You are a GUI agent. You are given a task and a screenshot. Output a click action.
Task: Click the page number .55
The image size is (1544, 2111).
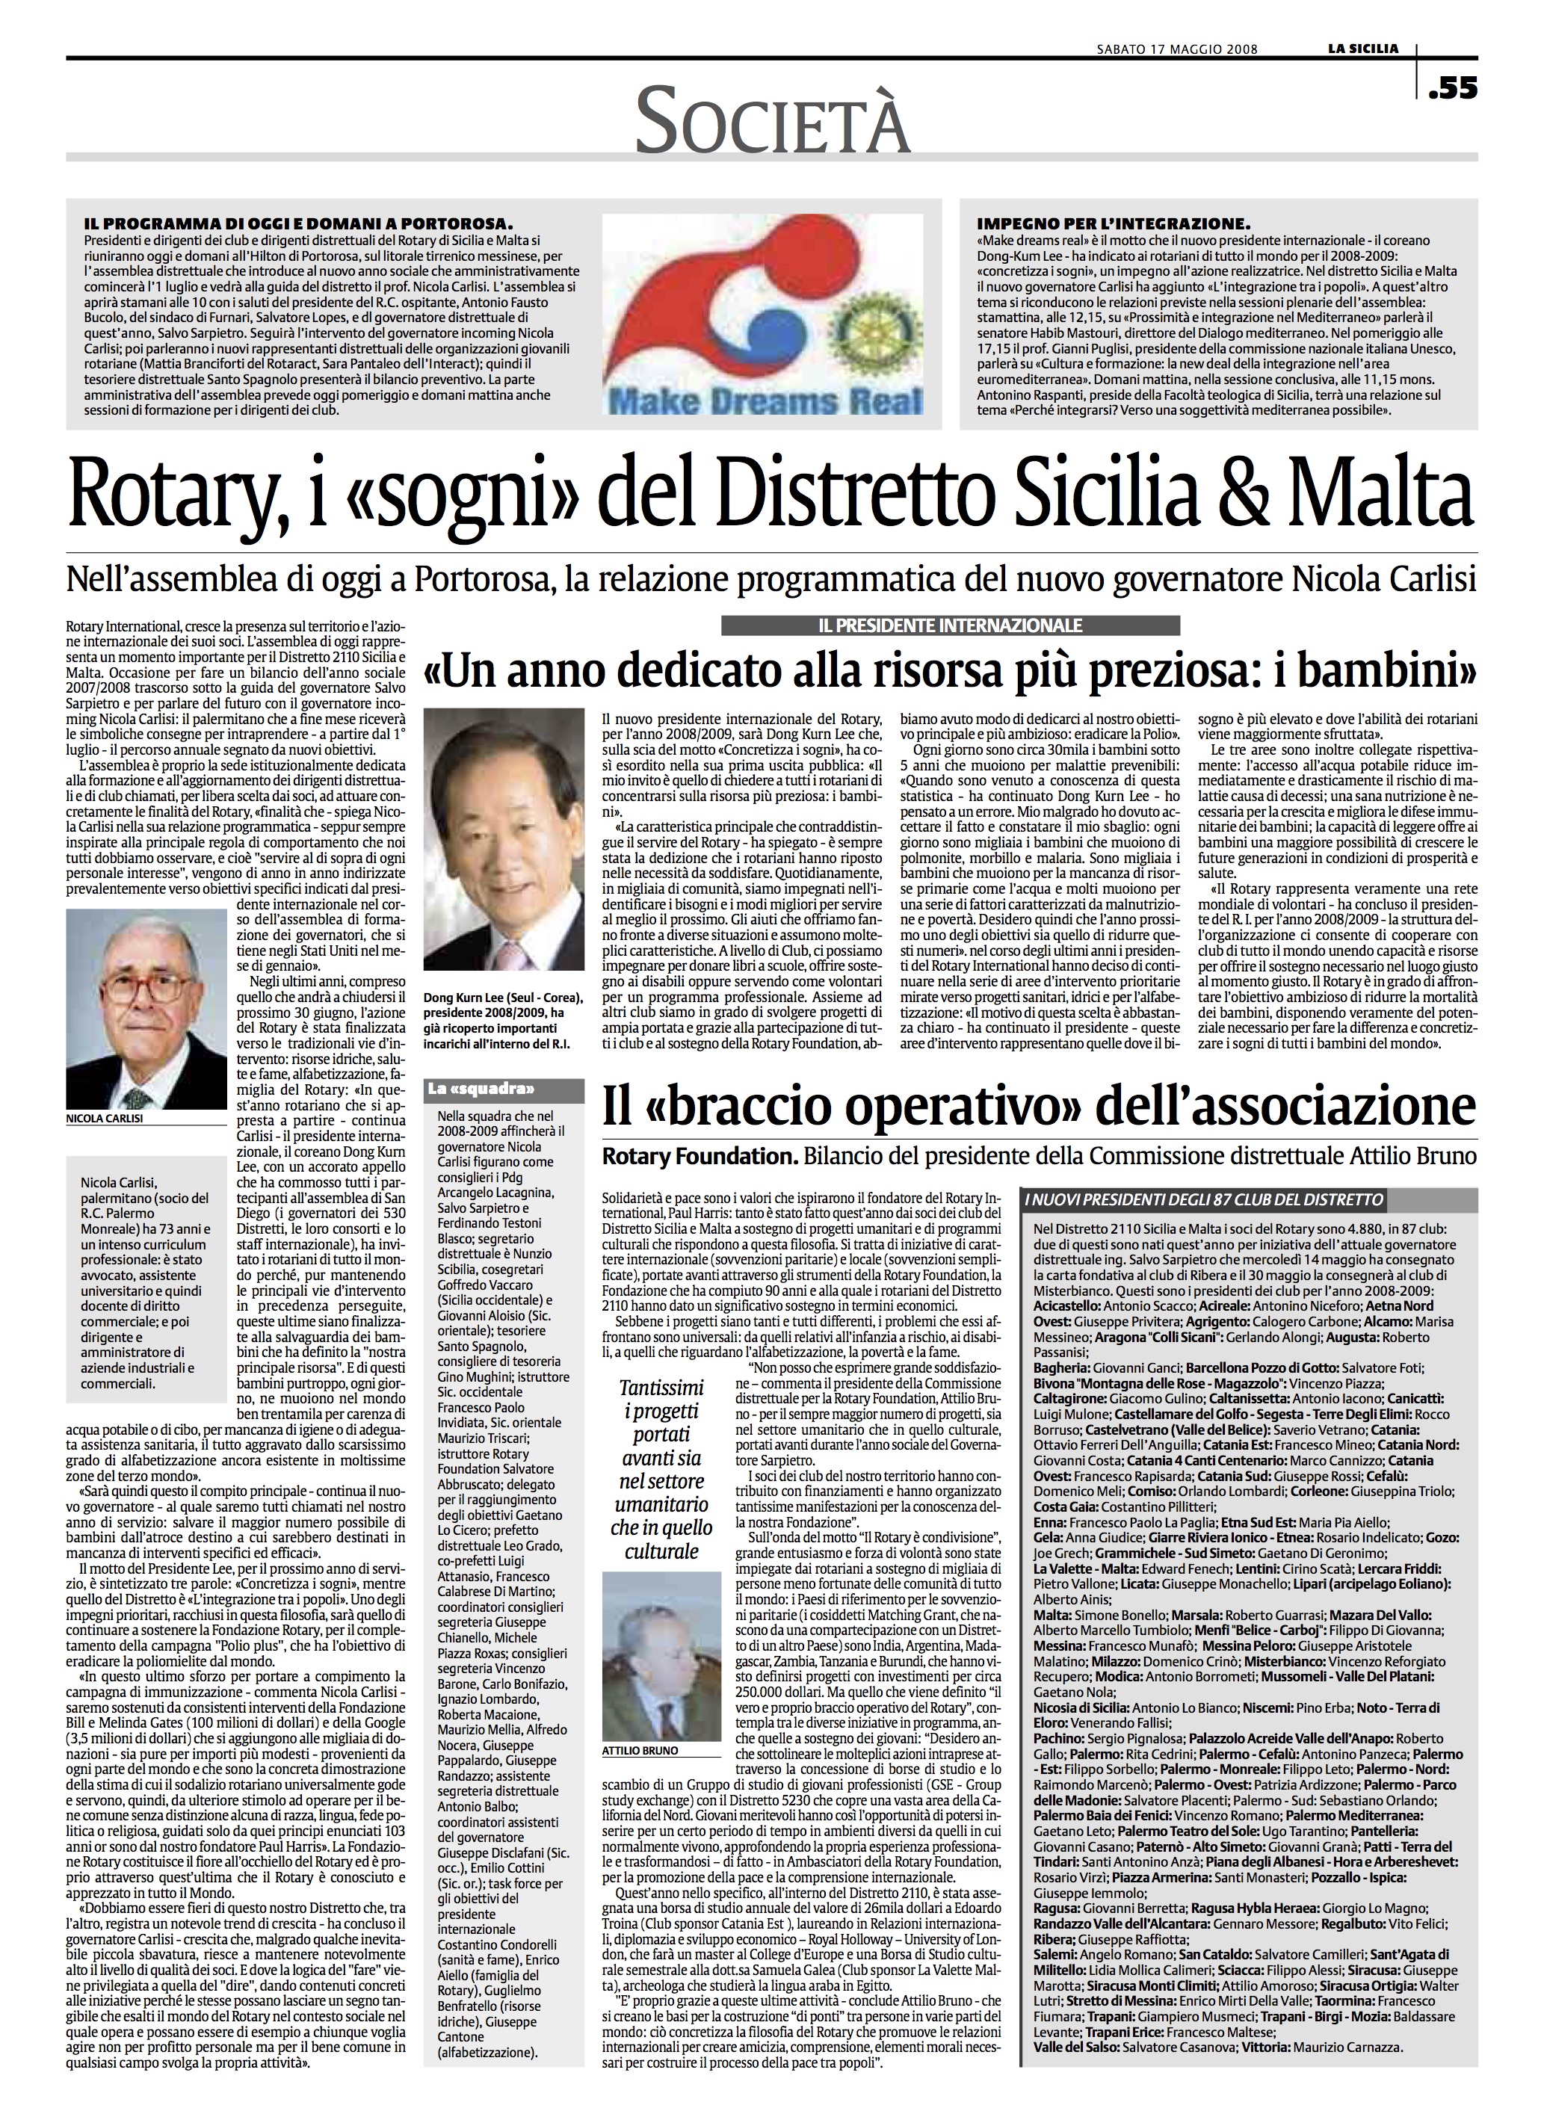[x=1452, y=90]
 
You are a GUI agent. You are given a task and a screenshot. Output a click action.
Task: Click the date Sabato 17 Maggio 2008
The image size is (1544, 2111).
[x=1176, y=49]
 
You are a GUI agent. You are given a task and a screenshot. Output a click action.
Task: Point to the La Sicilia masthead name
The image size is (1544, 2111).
[x=1365, y=49]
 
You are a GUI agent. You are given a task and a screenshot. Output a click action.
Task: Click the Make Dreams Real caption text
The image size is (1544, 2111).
[x=762, y=402]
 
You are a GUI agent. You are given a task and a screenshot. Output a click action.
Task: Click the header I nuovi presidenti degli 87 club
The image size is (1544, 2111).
[x=1205, y=1199]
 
